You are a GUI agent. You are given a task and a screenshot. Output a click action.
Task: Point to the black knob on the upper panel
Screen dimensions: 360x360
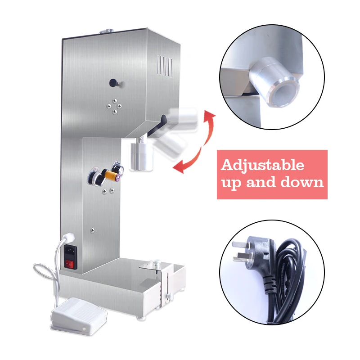(x=113, y=82)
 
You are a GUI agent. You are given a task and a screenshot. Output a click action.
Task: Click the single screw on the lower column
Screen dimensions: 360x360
(x=92, y=230)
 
